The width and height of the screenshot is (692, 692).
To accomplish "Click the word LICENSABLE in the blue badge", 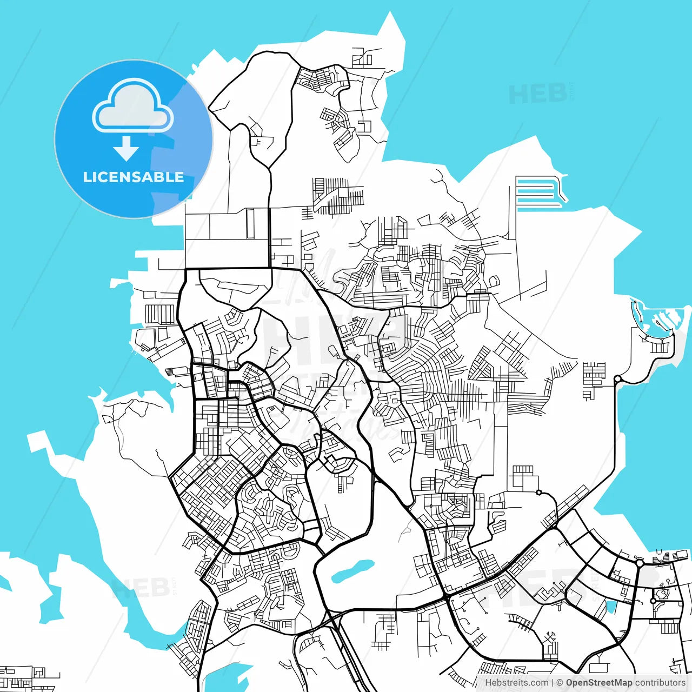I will (134, 177).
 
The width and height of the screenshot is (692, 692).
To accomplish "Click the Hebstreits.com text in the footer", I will (516, 683).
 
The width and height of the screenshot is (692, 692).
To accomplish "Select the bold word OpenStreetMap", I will (599, 683).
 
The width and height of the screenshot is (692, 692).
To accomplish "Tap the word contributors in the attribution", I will (660, 683).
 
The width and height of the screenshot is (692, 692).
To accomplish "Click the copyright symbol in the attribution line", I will (560, 683).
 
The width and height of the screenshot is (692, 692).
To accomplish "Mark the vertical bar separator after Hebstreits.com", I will (553, 683).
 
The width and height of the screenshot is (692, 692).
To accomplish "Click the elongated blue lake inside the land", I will (352, 571).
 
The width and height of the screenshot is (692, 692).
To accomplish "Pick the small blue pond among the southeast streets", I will (611, 608).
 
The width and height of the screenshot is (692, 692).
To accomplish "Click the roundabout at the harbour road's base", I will (617, 379).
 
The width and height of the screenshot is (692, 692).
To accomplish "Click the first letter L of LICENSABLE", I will (86, 177).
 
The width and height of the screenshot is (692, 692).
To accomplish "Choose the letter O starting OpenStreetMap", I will (570, 683).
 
